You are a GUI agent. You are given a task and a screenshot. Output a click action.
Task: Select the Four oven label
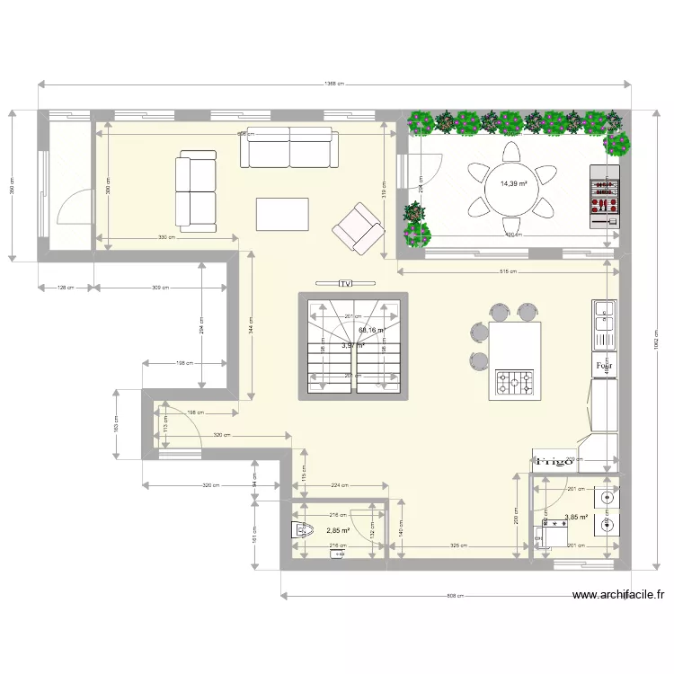pos(604,366)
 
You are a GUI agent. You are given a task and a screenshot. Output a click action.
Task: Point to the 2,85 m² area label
pos(338,530)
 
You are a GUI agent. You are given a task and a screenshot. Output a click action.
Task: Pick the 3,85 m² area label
pos(575,518)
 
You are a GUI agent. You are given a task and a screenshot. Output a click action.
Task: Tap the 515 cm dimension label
pos(509,270)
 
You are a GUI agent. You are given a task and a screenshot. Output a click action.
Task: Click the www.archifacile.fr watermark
pos(619,595)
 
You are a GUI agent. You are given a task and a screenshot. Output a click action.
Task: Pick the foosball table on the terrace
pos(604,195)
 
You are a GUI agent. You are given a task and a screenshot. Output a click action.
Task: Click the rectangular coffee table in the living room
pos(282,215)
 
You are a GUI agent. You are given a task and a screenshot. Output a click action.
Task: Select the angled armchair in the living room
pos(357,226)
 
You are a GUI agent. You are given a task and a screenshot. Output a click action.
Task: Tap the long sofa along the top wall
pos(288,147)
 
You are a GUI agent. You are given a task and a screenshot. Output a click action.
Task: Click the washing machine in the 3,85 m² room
pos(545,537)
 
